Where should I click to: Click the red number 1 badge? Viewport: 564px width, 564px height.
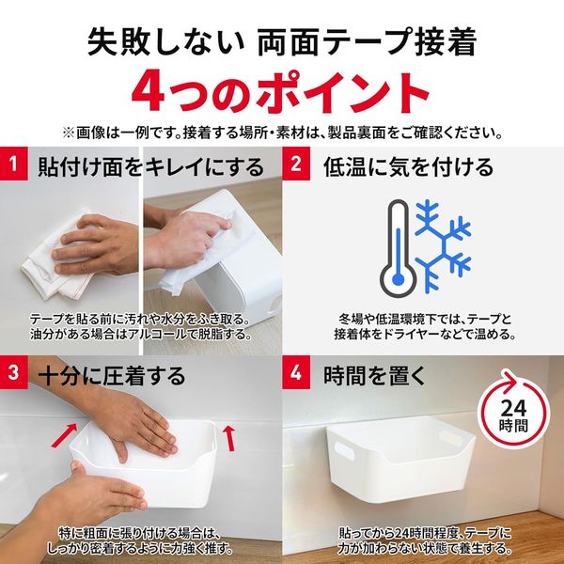pyautogui.click(x=14, y=166)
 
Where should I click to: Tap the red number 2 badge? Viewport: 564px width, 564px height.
pyautogui.click(x=298, y=166)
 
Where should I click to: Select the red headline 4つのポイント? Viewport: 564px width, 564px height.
pyautogui.click(x=281, y=92)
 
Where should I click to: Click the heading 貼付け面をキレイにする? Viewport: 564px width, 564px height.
pyautogui.click(x=150, y=167)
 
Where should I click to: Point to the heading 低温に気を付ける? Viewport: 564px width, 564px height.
pyautogui.click(x=407, y=167)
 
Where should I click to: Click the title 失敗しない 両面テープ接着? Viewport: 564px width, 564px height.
pyautogui.click(x=281, y=40)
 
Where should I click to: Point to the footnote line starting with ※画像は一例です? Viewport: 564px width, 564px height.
pyautogui.click(x=281, y=133)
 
